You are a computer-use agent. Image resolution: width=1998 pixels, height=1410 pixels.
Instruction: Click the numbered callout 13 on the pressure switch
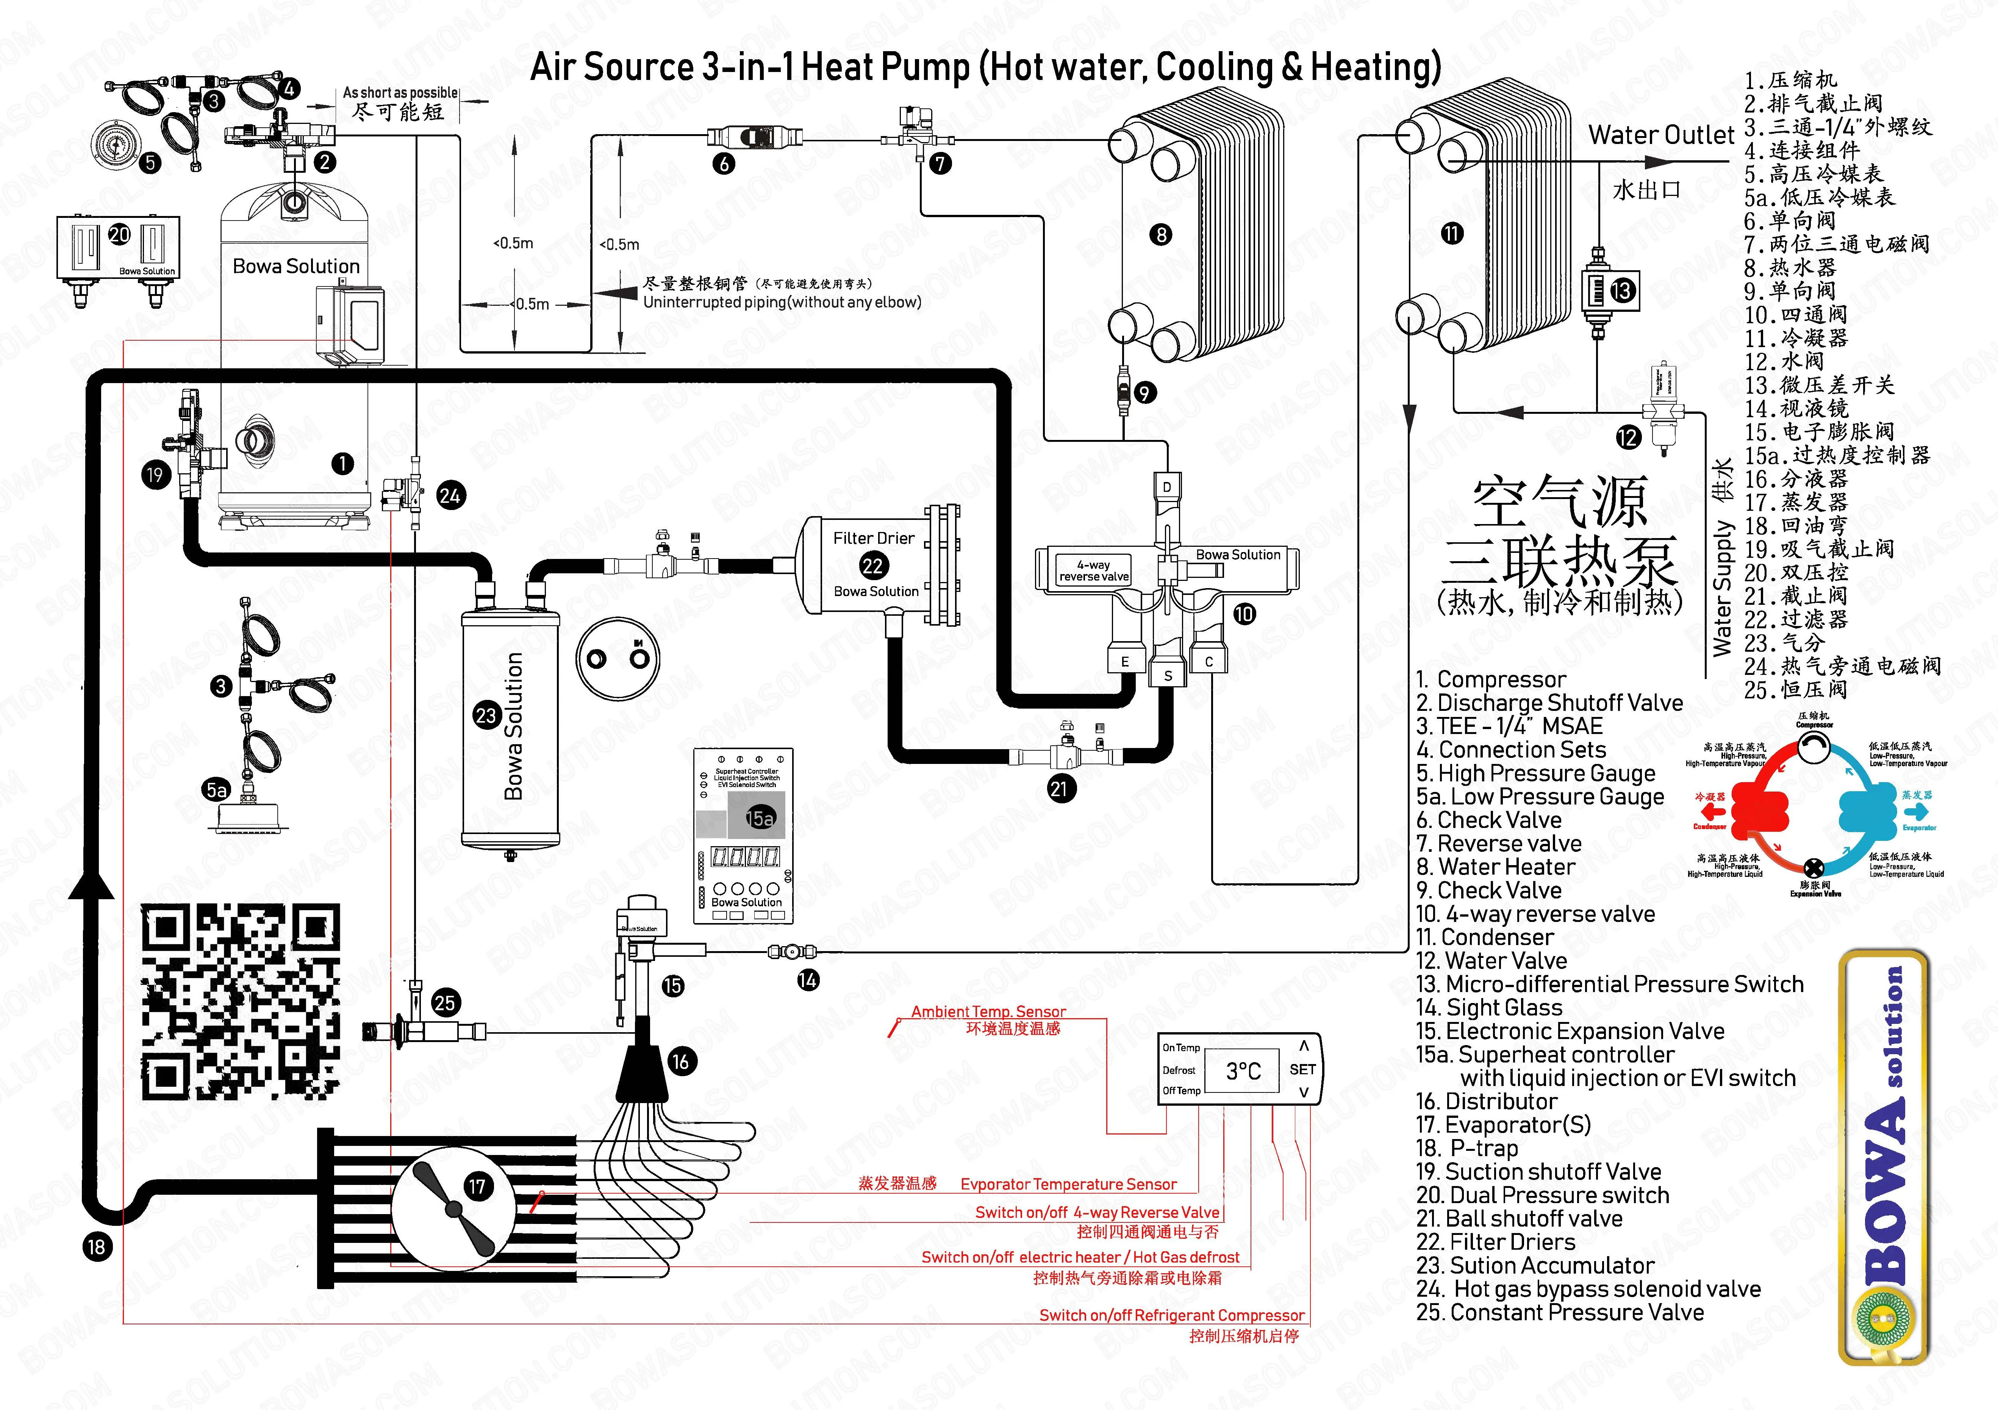coord(1622,290)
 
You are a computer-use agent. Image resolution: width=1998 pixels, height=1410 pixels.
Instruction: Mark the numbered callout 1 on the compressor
coord(343,463)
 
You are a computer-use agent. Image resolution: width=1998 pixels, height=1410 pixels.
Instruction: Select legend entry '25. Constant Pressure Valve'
coord(1559,1313)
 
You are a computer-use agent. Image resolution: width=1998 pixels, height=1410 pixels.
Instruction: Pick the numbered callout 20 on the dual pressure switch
coord(119,235)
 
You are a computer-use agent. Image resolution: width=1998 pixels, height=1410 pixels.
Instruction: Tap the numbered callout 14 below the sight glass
coord(808,980)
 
